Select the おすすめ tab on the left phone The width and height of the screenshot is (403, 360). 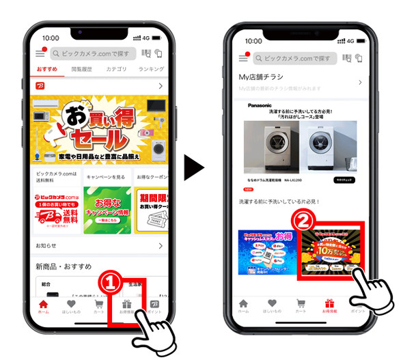46,69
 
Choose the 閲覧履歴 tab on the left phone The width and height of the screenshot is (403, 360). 81,69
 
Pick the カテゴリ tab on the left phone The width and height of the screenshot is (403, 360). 116,69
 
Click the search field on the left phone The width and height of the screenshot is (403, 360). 93,53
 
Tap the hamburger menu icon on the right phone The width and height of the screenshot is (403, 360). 243,59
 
